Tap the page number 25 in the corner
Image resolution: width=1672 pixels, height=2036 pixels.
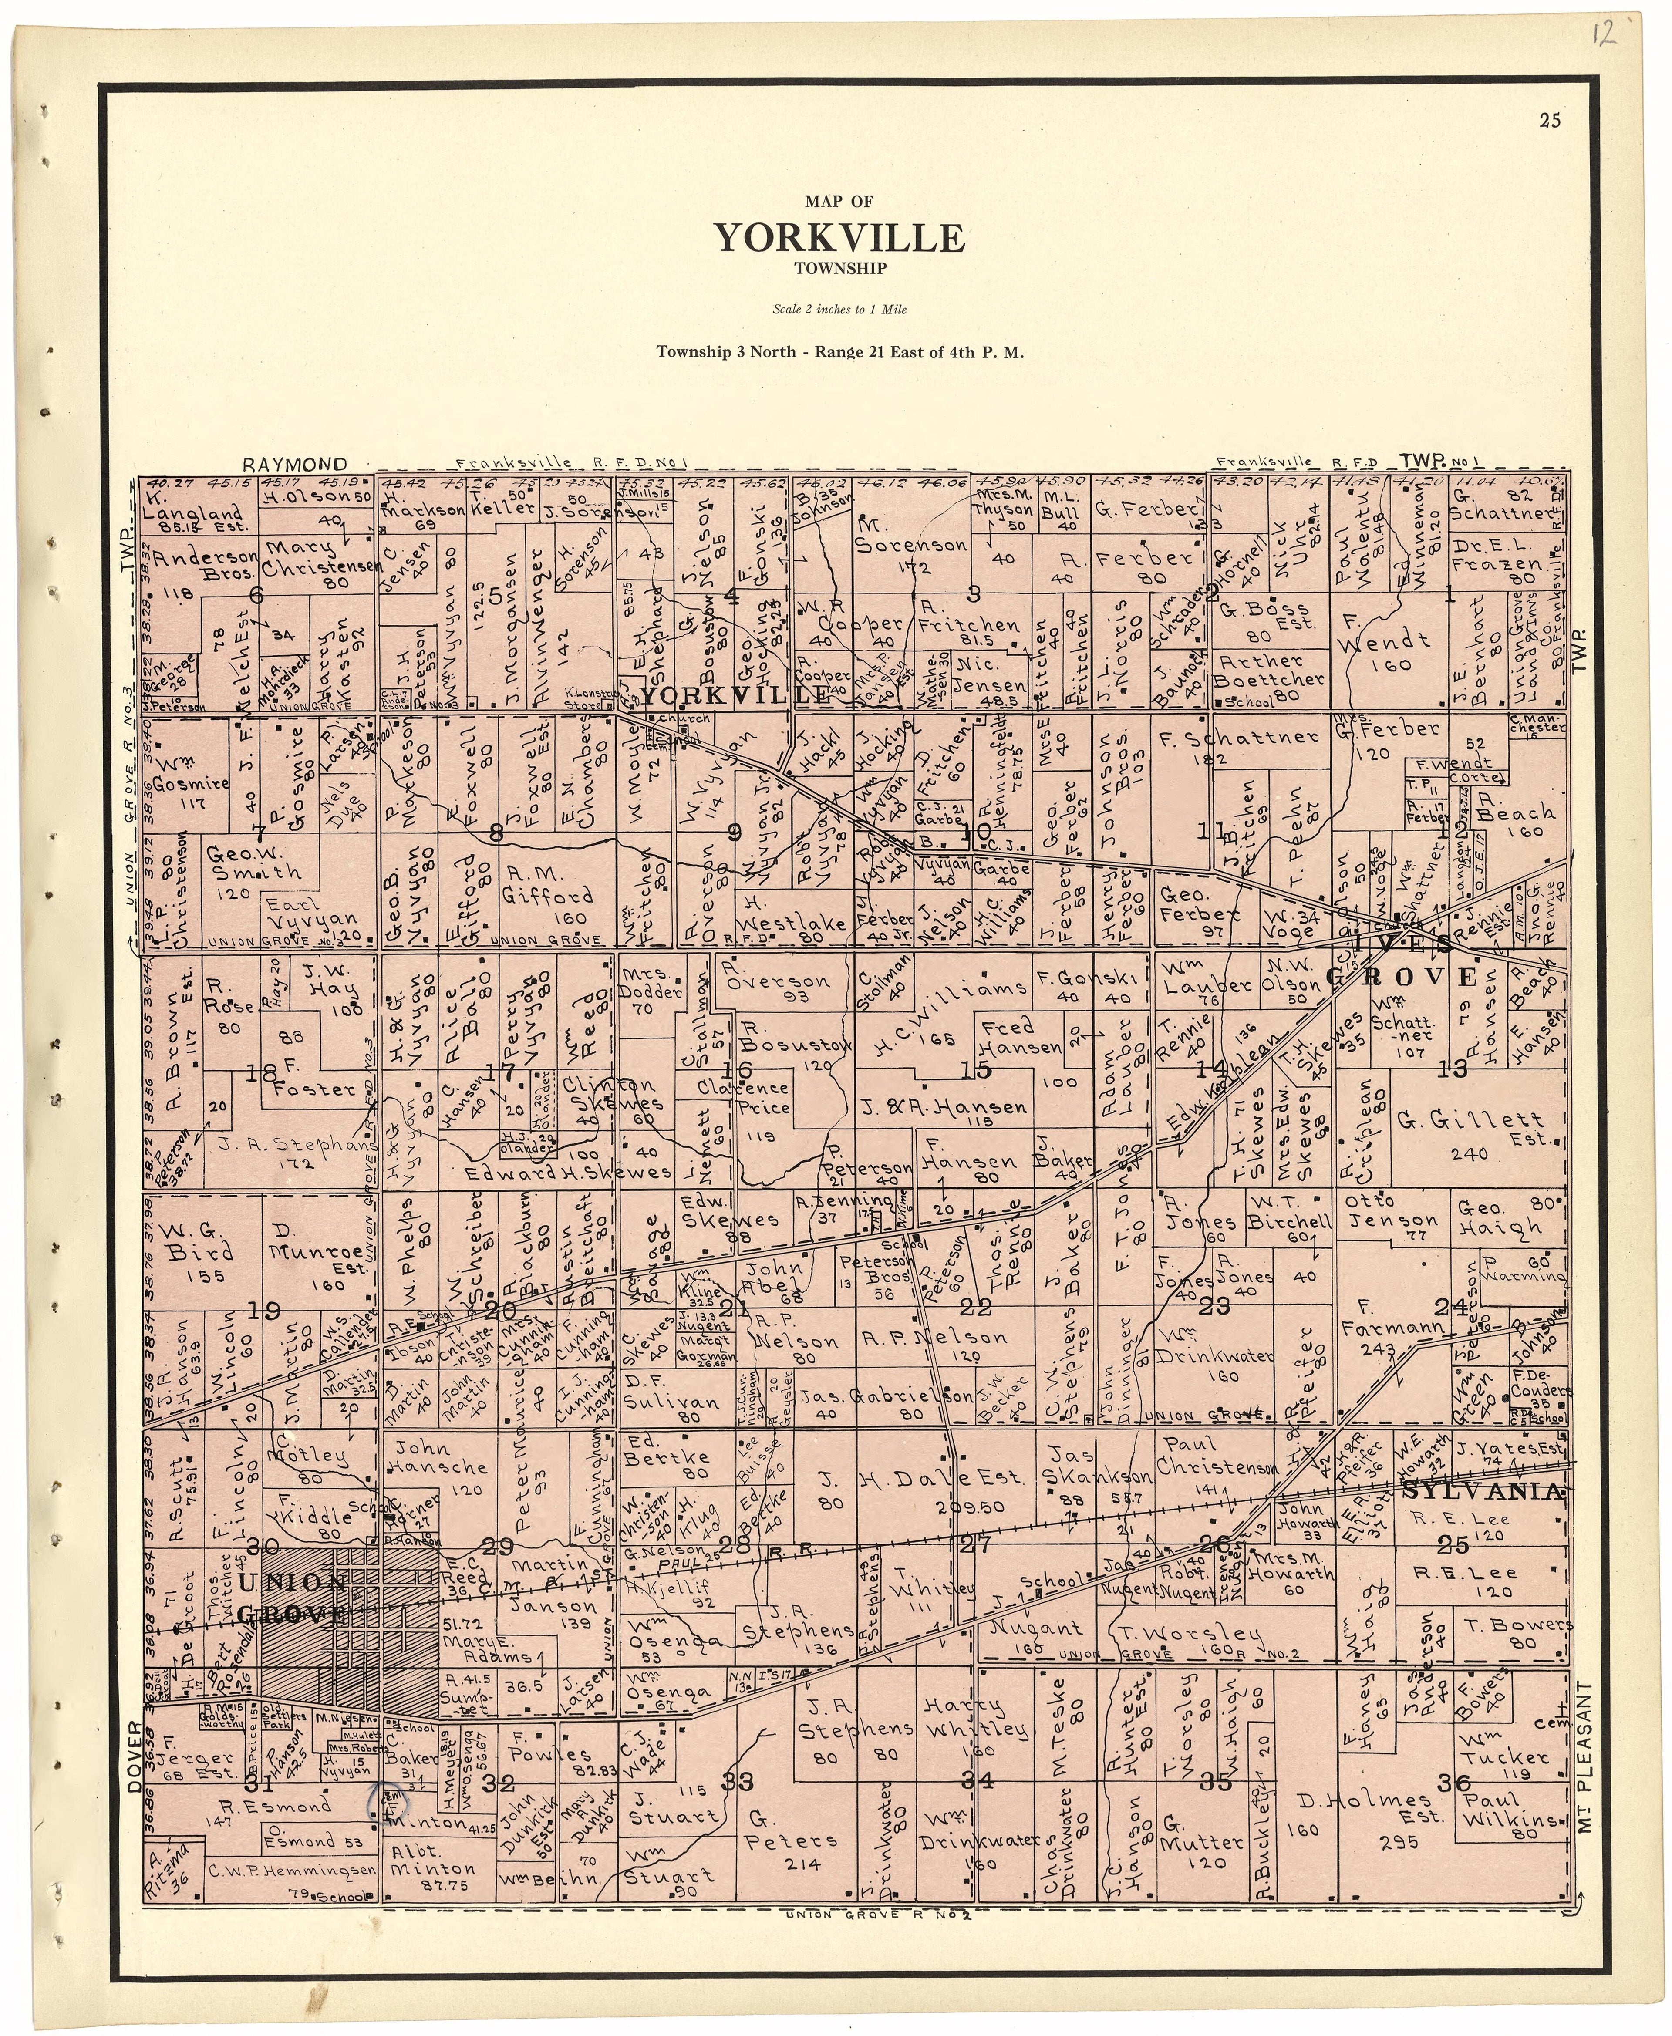(1550, 120)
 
